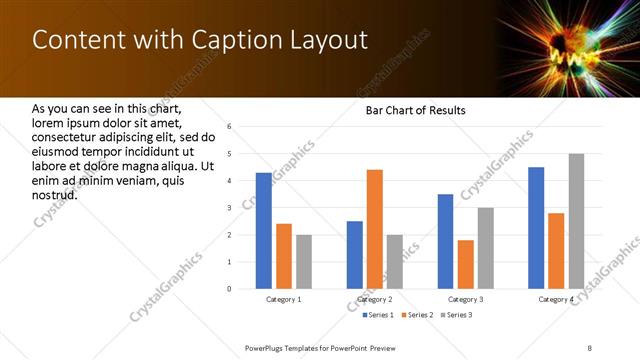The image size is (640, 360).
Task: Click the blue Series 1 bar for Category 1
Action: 264,231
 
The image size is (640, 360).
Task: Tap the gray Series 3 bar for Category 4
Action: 576,221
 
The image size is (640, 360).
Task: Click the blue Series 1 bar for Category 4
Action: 536,228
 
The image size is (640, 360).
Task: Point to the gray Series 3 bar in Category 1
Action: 304,262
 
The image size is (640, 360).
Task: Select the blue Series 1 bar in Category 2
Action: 355,255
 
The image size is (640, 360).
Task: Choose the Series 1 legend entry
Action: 378,315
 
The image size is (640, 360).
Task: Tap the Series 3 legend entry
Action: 458,315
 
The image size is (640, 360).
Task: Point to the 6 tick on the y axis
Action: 230,127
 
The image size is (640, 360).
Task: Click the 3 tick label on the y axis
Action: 230,208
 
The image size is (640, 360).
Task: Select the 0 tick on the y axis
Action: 230,289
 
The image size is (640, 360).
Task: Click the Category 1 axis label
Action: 284,299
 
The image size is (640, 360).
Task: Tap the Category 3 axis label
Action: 465,299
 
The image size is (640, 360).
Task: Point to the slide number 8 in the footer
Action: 591,346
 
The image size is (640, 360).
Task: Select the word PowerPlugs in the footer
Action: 268,346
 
